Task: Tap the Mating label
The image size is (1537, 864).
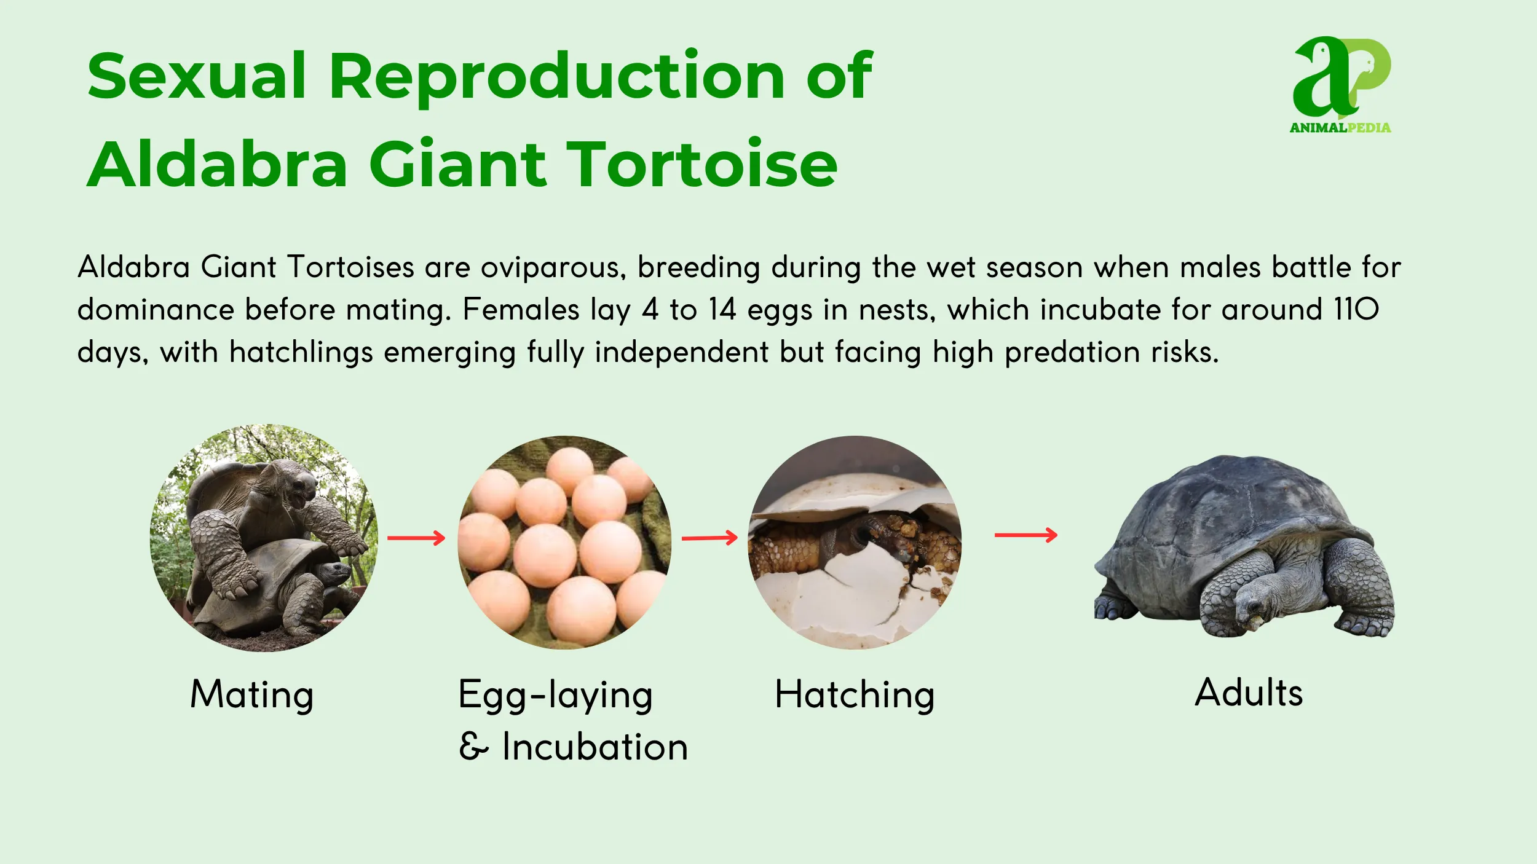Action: click(252, 695)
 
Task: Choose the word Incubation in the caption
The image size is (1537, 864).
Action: click(595, 747)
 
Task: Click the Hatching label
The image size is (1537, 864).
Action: click(855, 695)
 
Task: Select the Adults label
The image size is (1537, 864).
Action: click(1249, 693)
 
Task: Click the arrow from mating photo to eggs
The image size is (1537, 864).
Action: click(416, 538)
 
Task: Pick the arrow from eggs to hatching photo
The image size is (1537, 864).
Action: click(709, 538)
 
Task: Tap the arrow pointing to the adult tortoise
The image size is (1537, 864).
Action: click(1025, 535)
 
